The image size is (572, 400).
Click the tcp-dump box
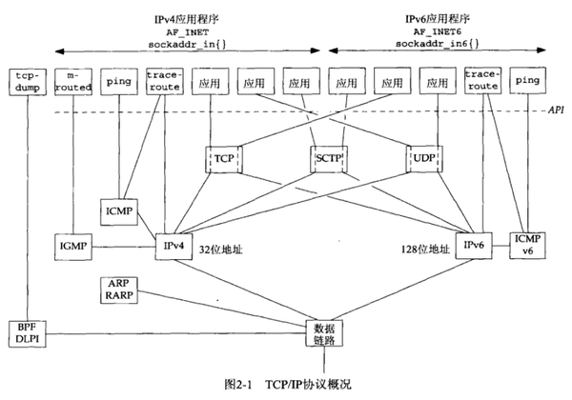tap(25, 83)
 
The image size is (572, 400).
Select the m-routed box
tap(71, 83)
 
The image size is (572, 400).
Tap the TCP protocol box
tap(223, 156)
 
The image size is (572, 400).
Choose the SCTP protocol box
tap(328, 156)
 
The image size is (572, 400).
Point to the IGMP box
tap(72, 246)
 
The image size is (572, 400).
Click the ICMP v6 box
tap(527, 245)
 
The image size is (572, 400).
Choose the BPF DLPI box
tap(25, 330)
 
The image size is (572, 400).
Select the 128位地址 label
tap(424, 250)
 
